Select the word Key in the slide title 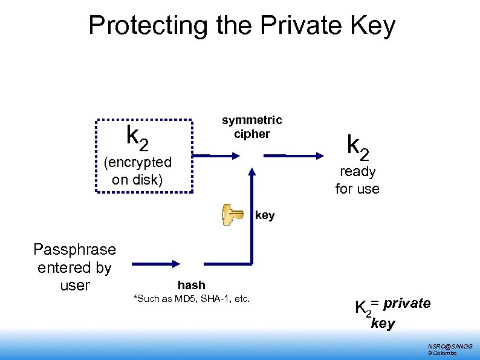tap(373, 26)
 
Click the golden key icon tap(232, 217)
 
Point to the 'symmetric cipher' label tap(251, 127)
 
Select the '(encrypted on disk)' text tap(138, 171)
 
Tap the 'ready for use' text tap(357, 180)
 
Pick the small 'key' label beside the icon tap(265, 215)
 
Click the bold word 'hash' tap(191, 285)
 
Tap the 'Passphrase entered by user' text tap(75, 267)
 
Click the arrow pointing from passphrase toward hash tap(156, 264)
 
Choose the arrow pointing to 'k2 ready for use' tap(302, 156)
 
